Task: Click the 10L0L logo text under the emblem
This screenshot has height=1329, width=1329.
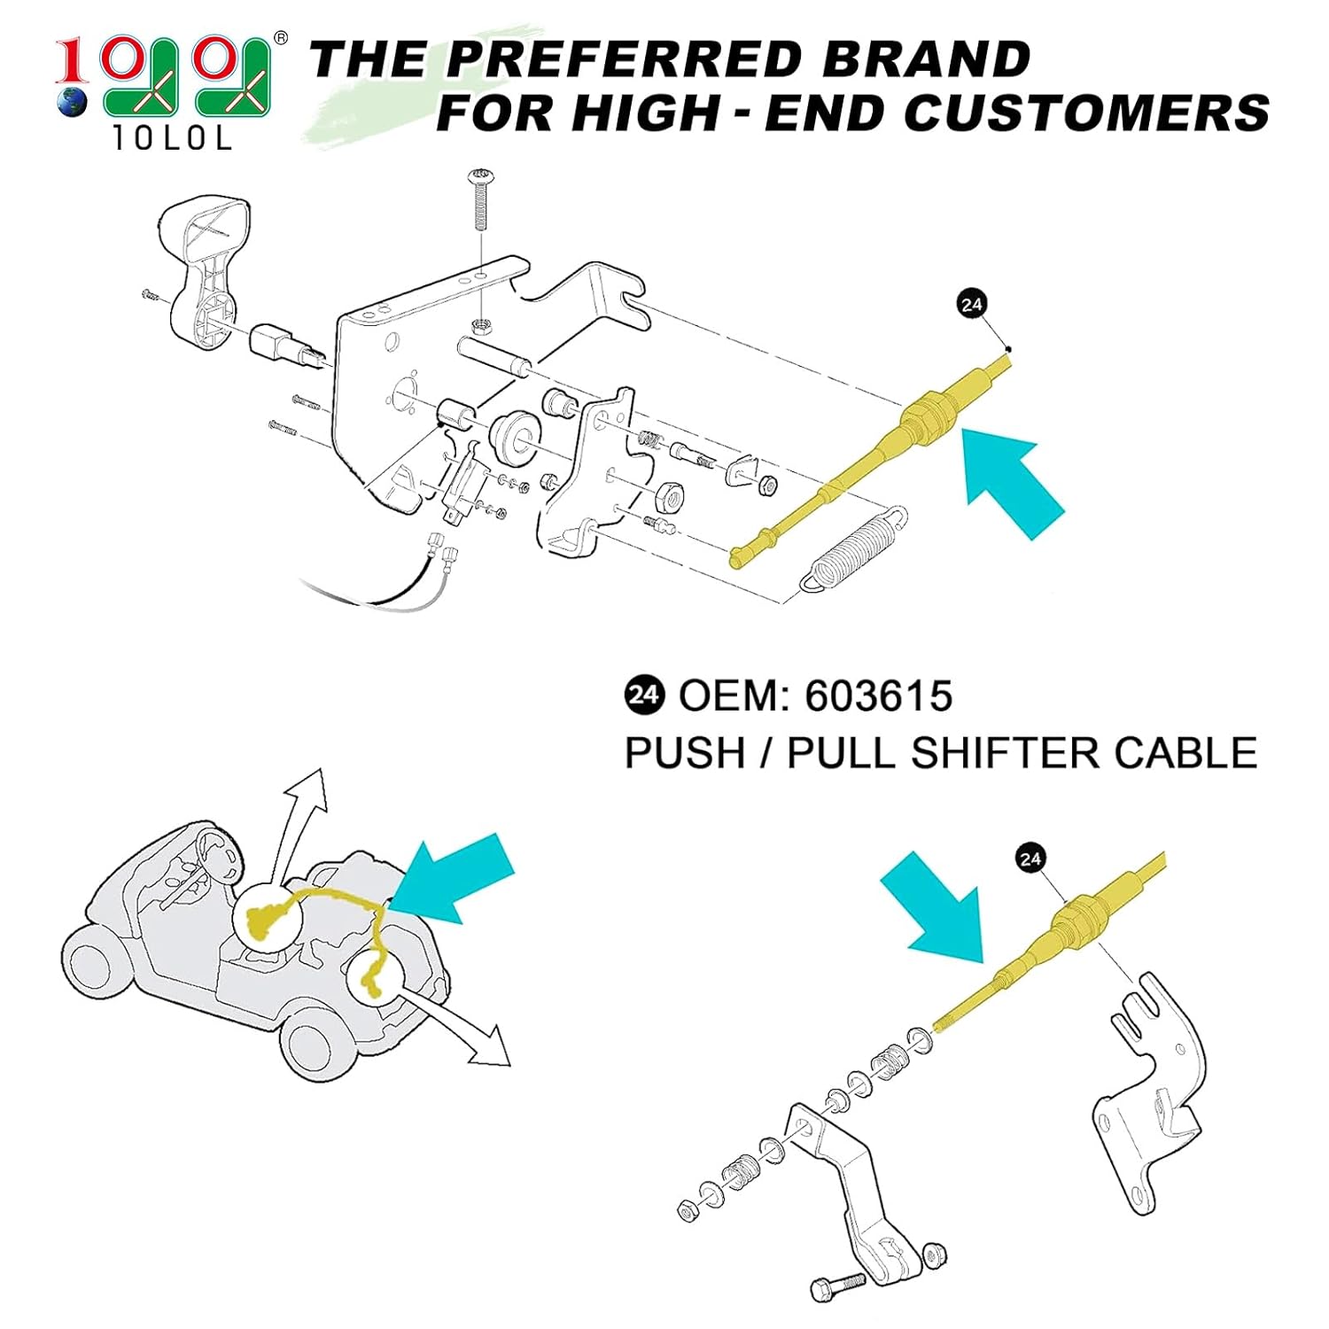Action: click(x=173, y=138)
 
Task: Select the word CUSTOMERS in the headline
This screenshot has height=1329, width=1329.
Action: click(x=1086, y=113)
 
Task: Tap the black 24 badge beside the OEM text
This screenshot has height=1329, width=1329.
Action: click(x=644, y=696)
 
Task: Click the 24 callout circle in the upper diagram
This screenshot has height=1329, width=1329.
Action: click(x=972, y=304)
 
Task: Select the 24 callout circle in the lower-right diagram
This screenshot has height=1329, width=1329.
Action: click(x=1030, y=859)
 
